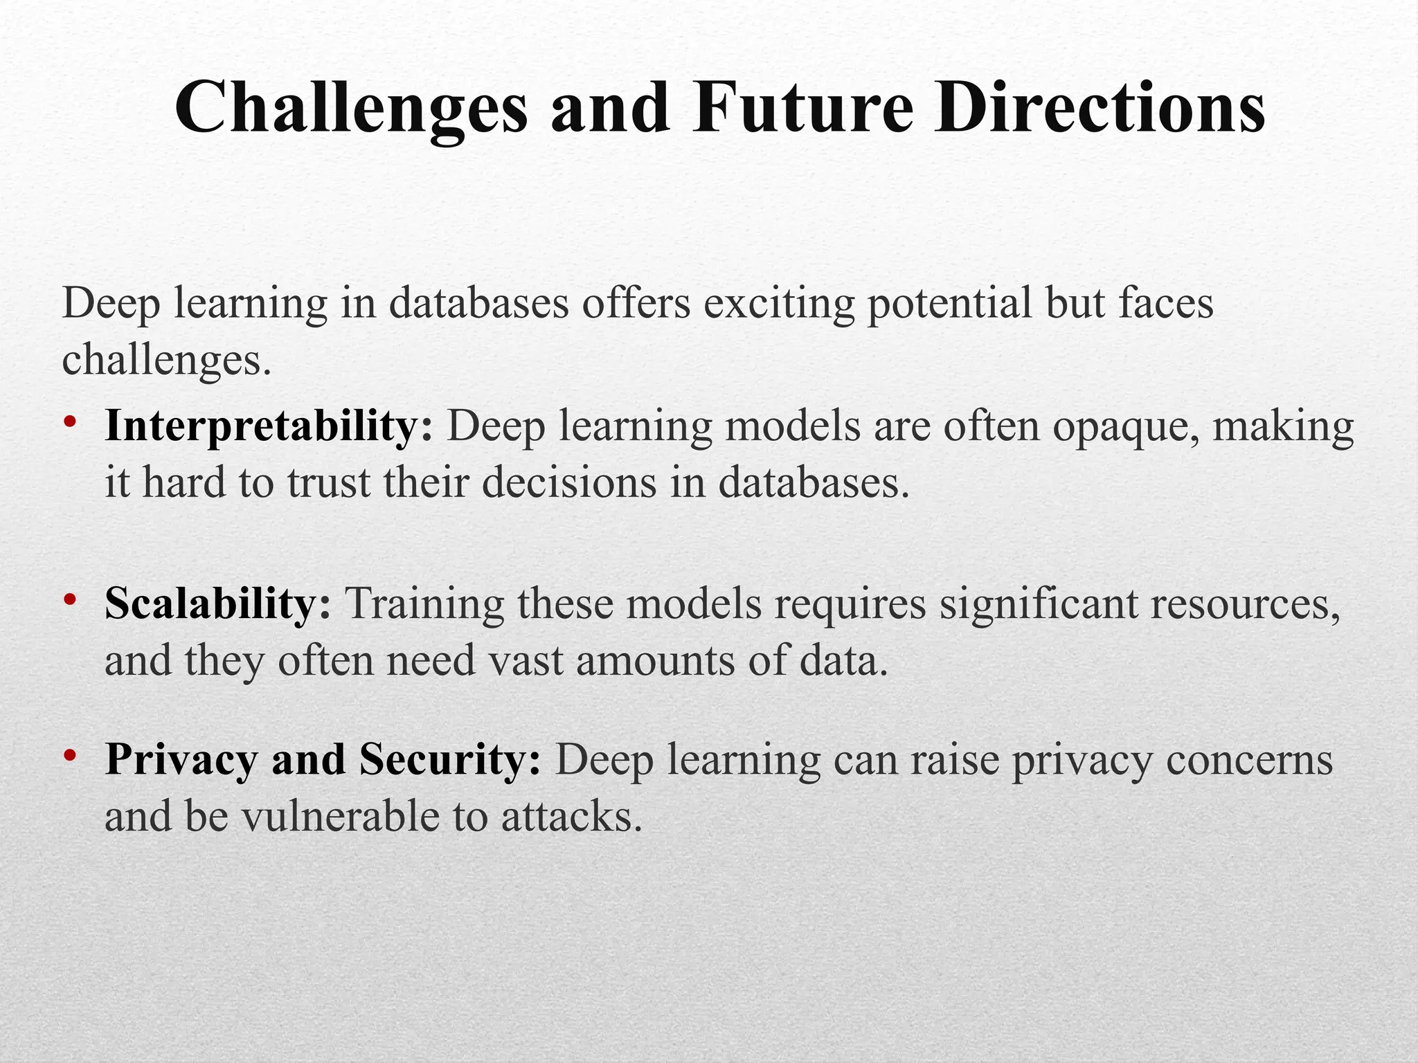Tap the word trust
329,482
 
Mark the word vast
526,661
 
